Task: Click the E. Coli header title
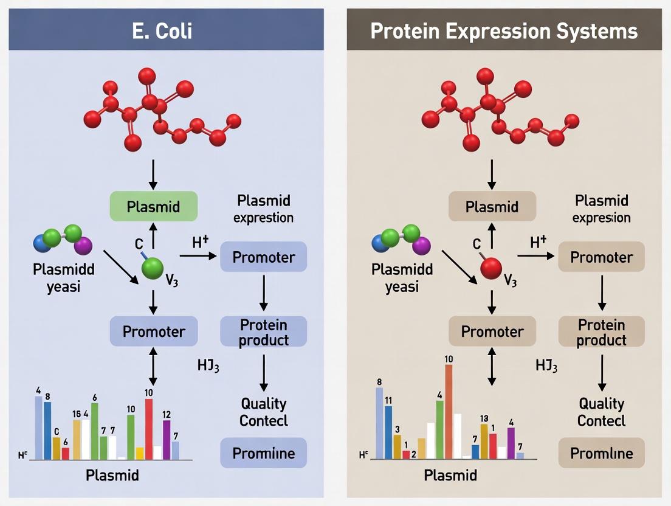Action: click(x=162, y=30)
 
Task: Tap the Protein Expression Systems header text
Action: click(x=504, y=30)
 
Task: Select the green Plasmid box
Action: click(x=154, y=206)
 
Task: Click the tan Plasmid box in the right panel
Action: click(x=492, y=206)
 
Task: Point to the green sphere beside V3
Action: click(x=153, y=268)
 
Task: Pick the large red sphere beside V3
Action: click(x=491, y=268)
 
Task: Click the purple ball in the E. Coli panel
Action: click(x=83, y=246)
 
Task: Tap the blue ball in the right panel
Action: click(x=381, y=243)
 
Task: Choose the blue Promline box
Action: click(x=263, y=453)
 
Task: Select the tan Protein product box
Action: click(x=601, y=332)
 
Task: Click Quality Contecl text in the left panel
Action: click(x=263, y=412)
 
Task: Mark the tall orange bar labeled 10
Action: click(x=449, y=411)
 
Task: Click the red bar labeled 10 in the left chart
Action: click(x=149, y=429)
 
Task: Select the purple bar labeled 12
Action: click(x=167, y=439)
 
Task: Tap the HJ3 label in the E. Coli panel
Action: click(x=208, y=366)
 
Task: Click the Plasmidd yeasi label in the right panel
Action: click(x=402, y=277)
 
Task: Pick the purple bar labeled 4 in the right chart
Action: click(x=511, y=442)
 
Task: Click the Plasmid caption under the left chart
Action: click(x=112, y=475)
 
